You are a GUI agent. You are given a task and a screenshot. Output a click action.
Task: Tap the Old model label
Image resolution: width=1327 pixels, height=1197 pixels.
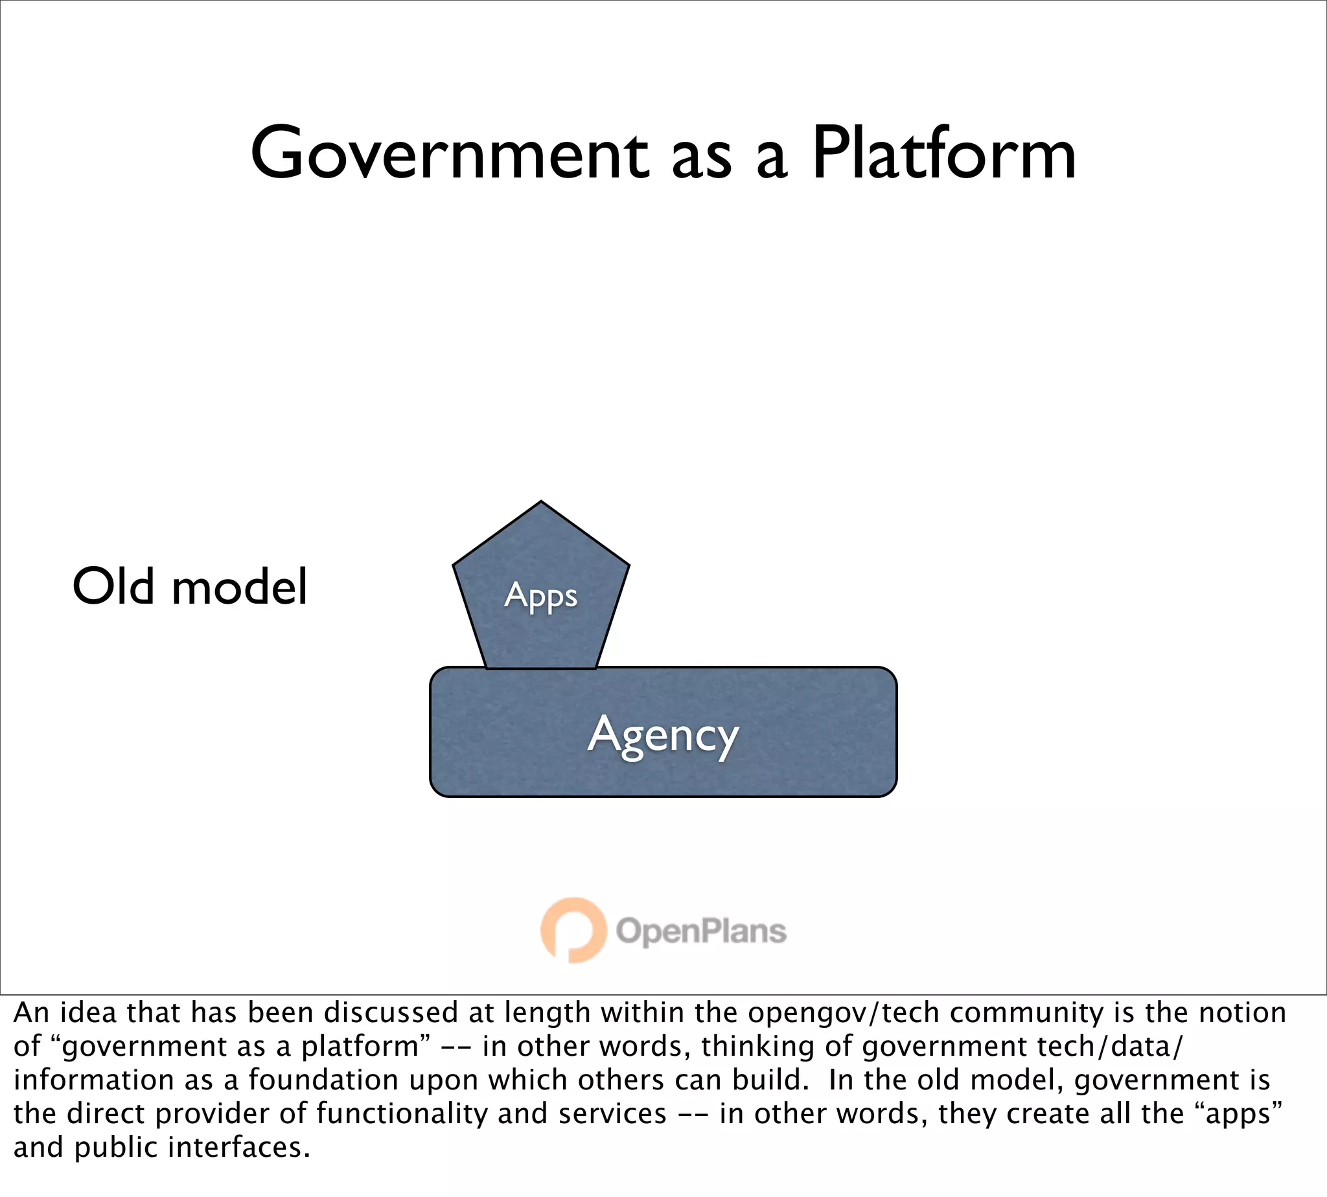189,587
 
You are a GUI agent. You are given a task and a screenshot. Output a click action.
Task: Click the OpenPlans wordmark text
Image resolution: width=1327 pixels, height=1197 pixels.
700,931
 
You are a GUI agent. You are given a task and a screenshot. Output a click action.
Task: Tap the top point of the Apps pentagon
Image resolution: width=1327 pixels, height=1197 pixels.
541,504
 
